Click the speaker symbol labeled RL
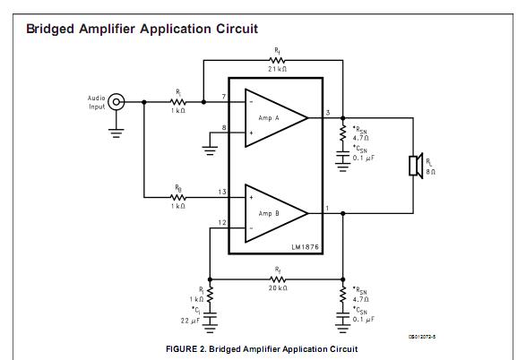click(x=416, y=166)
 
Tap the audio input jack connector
click(x=116, y=102)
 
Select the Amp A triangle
click(x=276, y=118)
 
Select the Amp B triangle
click(x=276, y=213)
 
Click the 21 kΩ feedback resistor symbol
click(x=278, y=60)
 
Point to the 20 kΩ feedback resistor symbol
click(x=278, y=279)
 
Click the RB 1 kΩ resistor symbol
click(x=177, y=197)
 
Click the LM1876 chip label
click(x=305, y=247)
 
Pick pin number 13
click(x=222, y=192)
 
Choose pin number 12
click(x=222, y=223)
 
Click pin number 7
click(x=224, y=97)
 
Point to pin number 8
click(x=224, y=128)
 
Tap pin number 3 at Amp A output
click(x=328, y=113)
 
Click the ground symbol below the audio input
click(x=116, y=133)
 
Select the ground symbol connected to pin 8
click(x=210, y=150)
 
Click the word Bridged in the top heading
click(x=50, y=30)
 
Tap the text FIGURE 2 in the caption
click(x=186, y=349)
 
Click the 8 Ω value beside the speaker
click(x=431, y=172)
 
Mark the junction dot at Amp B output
click(x=342, y=213)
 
